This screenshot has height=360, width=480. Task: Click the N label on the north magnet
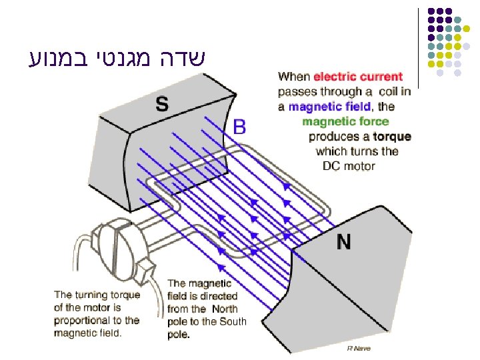point(343,241)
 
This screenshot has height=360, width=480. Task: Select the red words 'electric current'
point(358,77)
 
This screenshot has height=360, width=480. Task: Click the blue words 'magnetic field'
point(325,107)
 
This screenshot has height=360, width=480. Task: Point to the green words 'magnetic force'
point(345,121)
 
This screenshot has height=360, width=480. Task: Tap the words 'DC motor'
point(349,166)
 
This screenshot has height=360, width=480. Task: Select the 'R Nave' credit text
point(359,349)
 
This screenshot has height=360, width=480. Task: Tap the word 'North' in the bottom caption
point(225,309)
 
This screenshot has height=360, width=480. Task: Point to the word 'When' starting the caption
point(294,77)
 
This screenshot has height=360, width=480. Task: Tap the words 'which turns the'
point(357,151)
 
